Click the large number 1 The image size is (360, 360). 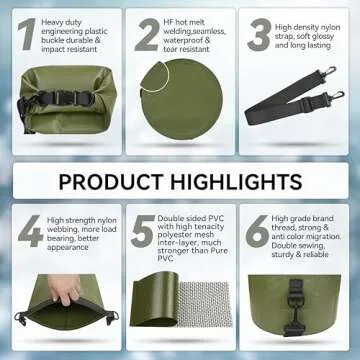[x=26, y=34]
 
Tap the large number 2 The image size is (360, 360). [x=147, y=34]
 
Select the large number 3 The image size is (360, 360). [x=260, y=34]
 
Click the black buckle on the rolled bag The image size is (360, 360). [x=63, y=99]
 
